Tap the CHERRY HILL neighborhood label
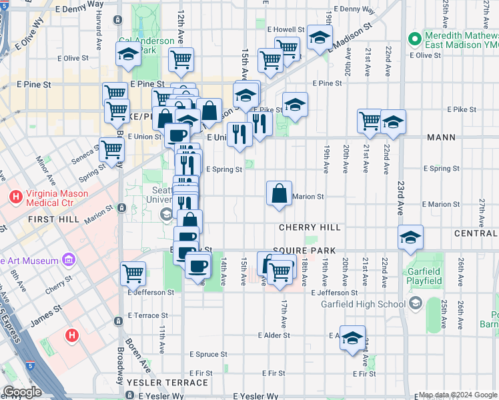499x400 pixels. coord(310,227)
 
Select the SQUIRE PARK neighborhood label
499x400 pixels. coord(308,249)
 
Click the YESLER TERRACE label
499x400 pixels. coord(167,383)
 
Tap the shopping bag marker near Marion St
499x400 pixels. coord(279,193)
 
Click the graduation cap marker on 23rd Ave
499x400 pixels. coord(410,237)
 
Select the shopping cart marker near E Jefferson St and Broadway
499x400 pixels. coord(133,272)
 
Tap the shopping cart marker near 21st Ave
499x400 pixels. coord(370,121)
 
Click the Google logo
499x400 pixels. coord(23,392)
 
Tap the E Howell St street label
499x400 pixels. coord(286,30)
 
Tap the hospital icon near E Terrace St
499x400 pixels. coord(73,334)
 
